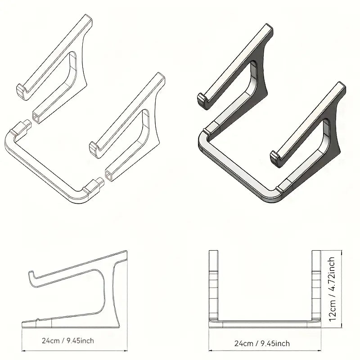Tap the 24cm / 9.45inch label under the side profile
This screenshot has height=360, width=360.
click(68, 341)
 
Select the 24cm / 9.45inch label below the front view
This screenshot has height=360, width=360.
click(262, 343)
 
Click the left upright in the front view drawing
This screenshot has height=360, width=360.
click(213, 283)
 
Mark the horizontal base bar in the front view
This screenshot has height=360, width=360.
click(264, 322)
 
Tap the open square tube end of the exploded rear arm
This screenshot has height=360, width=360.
click(35, 118)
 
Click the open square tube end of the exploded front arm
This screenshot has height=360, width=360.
click(108, 174)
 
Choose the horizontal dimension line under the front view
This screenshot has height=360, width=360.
click(264, 350)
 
